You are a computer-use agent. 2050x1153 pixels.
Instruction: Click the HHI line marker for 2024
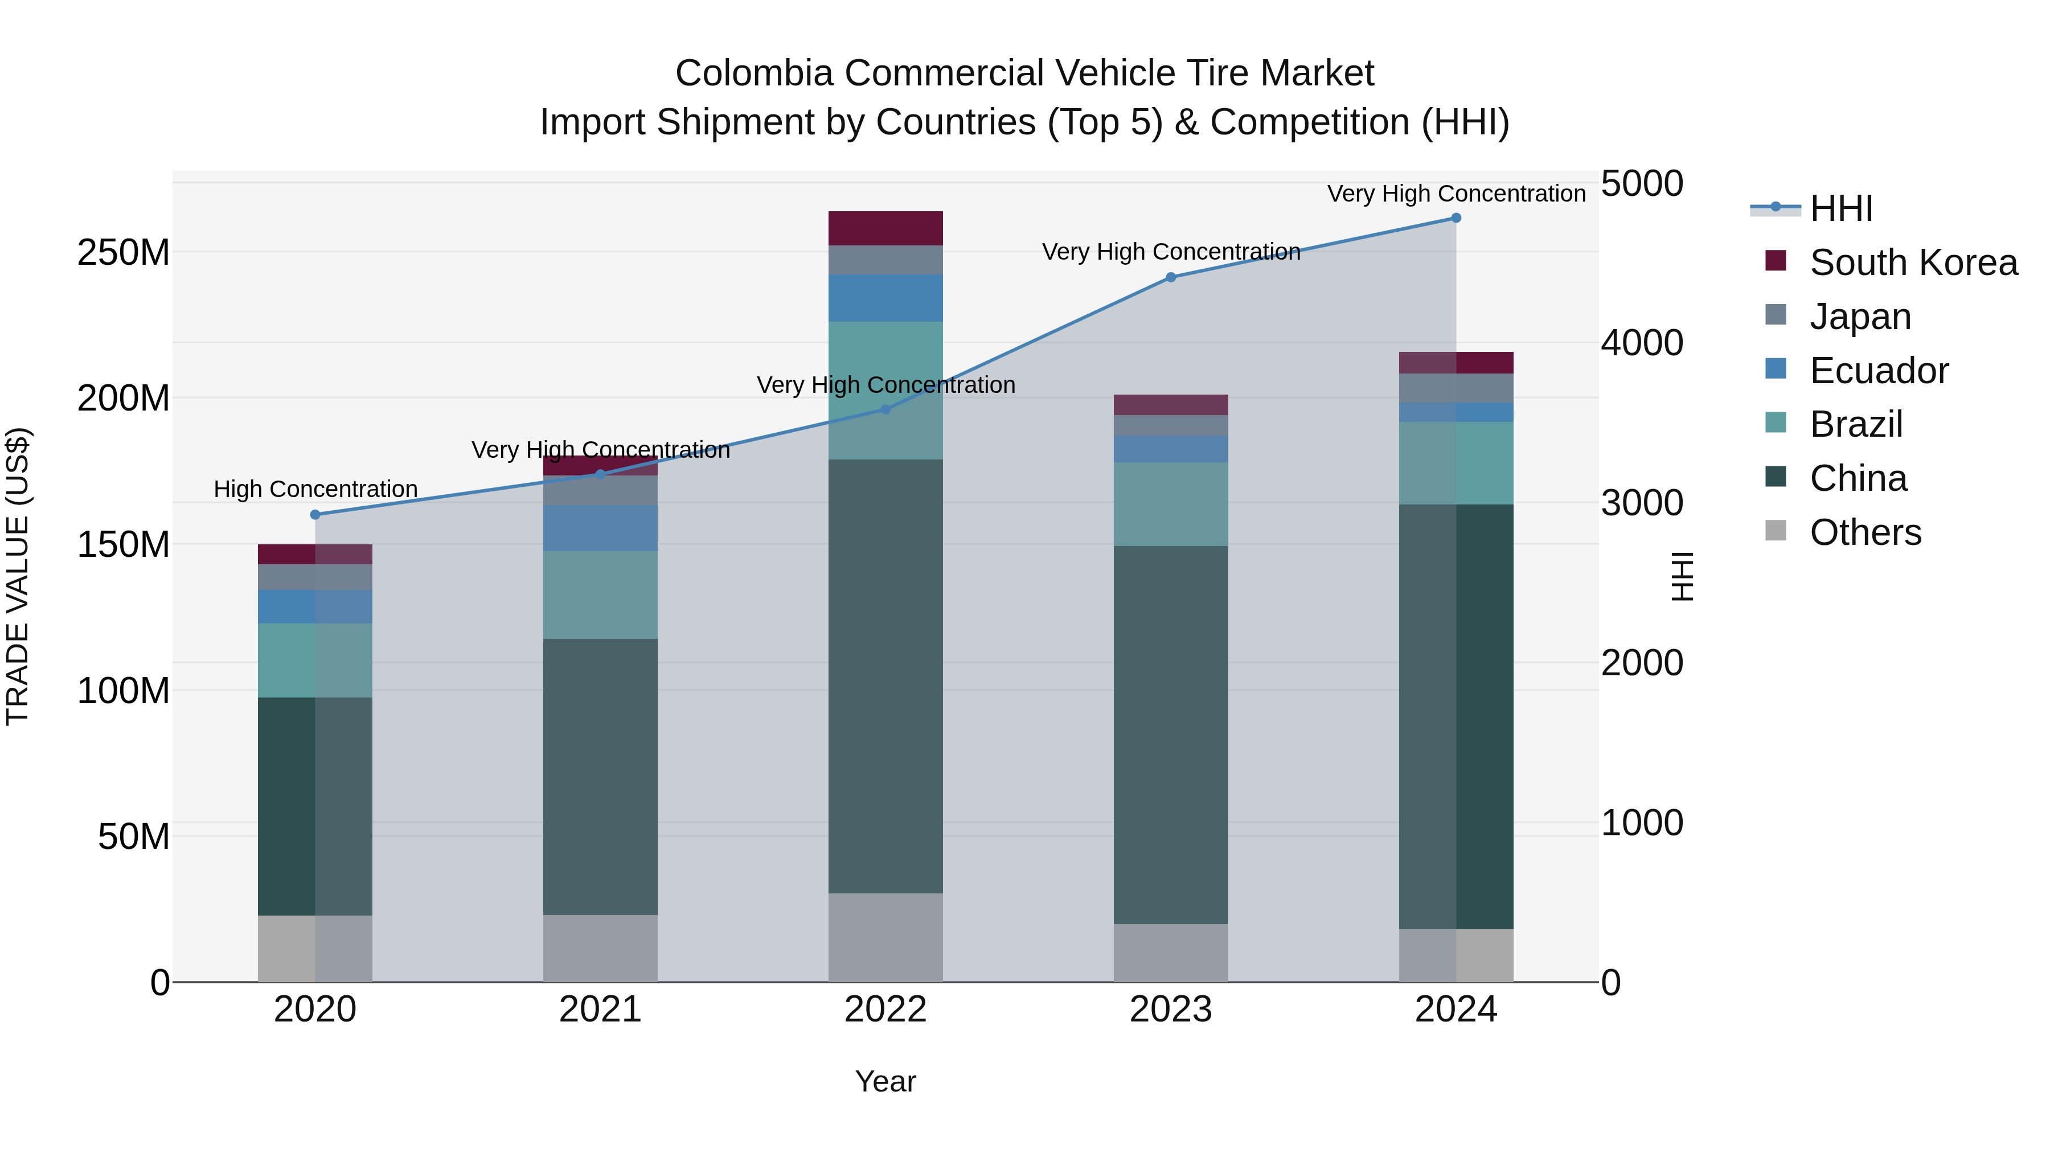(x=1455, y=218)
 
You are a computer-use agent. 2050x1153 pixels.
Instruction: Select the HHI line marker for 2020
(x=315, y=515)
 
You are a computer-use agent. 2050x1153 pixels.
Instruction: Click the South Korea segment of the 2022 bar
(x=885, y=228)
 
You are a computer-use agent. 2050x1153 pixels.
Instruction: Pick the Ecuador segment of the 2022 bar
(x=885, y=298)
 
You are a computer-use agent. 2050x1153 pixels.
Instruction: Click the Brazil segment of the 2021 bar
(x=600, y=595)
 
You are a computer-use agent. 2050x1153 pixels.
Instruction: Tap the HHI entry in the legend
(x=1840, y=208)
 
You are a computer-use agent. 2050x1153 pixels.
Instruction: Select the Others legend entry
(x=1864, y=532)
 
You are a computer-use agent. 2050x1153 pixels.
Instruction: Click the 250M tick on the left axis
(x=124, y=253)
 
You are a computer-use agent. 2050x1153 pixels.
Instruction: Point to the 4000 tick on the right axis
(x=1642, y=343)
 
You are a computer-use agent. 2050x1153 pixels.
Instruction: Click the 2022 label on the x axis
(x=885, y=1010)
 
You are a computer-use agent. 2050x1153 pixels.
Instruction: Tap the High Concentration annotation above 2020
(x=315, y=489)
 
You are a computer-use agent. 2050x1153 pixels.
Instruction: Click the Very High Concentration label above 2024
(x=1455, y=194)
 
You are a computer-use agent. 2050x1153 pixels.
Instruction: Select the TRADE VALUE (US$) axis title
(x=18, y=576)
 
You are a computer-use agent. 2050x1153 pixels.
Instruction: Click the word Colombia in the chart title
(x=753, y=73)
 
